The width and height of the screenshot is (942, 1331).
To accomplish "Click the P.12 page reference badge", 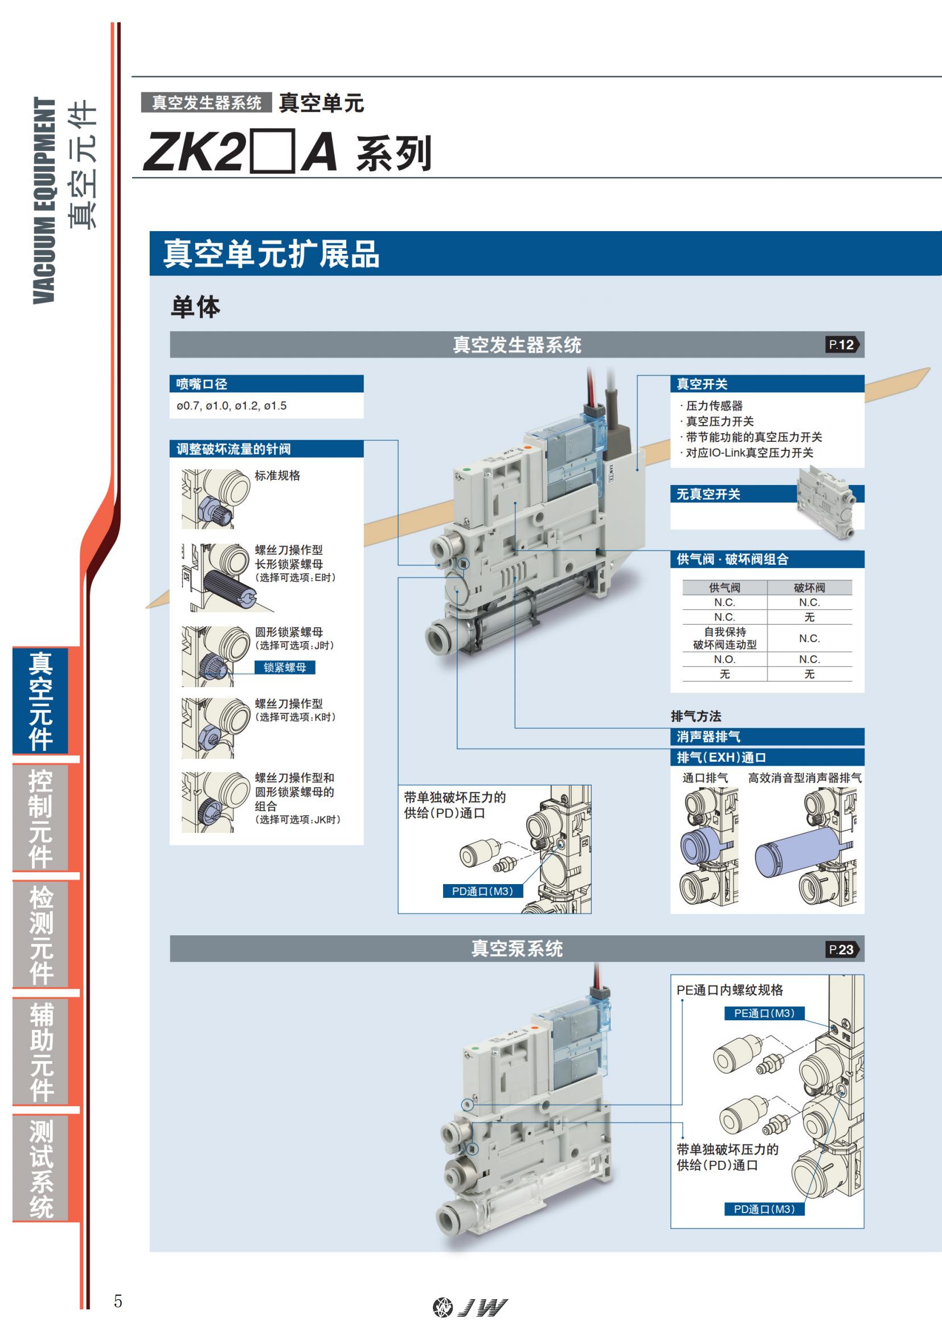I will (842, 345).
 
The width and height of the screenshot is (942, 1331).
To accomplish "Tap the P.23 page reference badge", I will (842, 950).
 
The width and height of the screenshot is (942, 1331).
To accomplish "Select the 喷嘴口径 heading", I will (202, 384).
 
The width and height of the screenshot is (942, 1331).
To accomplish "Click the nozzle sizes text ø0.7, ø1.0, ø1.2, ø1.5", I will (231, 406).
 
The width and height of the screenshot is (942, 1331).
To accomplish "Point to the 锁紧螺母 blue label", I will (285, 667).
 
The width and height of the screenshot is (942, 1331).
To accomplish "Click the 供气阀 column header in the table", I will (724, 588).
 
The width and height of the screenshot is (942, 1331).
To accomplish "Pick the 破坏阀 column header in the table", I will (809, 588).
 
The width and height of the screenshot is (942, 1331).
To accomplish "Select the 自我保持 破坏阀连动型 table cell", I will (724, 638).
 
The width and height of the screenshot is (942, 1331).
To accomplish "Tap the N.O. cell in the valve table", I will (724, 660).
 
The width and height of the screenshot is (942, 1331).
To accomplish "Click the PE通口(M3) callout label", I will (764, 1013).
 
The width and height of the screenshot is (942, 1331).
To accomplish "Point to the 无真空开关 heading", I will (708, 495).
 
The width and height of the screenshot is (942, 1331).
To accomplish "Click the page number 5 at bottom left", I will (118, 1301).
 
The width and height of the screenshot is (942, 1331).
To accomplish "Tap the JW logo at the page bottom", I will (470, 1307).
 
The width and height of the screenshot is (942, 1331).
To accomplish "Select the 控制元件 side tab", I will (40, 818).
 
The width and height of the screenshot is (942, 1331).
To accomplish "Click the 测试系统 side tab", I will (40, 1169).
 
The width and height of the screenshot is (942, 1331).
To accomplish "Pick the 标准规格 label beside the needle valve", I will (277, 476).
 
